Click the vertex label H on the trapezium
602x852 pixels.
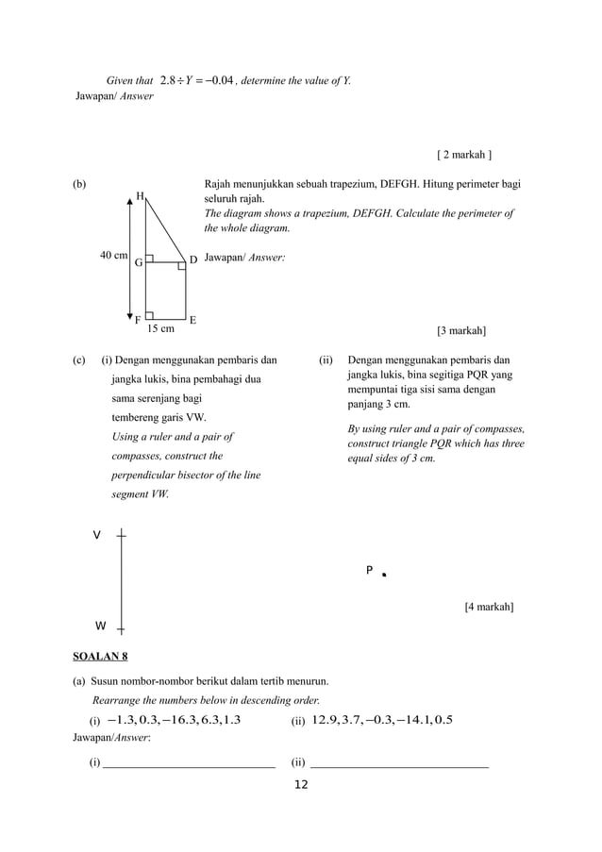click(140, 196)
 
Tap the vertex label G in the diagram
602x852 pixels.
click(138, 263)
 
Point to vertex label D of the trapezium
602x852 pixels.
click(192, 259)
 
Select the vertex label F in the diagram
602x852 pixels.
click(138, 320)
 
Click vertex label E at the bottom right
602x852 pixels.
click(192, 320)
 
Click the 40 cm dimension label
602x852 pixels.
click(114, 255)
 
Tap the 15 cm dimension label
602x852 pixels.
click(160, 329)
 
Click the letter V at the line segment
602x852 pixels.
click(96, 535)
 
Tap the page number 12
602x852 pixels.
click(301, 785)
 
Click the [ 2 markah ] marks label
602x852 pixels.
click(464, 154)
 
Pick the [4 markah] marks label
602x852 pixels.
click(489, 607)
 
